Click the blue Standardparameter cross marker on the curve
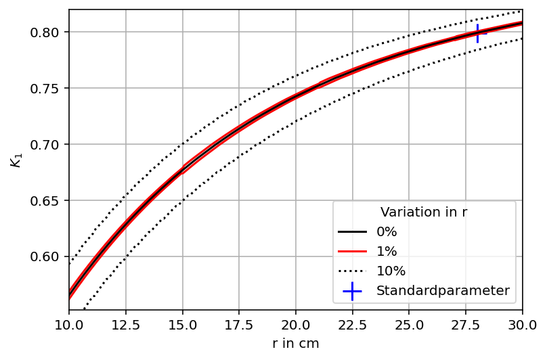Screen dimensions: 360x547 [477, 32]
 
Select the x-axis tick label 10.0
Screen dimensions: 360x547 [69, 325]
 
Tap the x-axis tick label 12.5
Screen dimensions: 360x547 [125, 325]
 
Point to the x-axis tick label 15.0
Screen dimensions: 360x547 [182, 325]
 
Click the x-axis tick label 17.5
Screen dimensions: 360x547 [239, 325]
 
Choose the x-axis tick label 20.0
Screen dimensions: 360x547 [295, 325]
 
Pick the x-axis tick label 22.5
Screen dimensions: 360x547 [352, 325]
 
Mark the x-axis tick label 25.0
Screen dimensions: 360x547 [409, 325]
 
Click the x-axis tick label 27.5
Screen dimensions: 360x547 [466, 325]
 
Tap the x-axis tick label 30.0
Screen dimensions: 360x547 [522, 325]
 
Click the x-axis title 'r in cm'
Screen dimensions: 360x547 [295, 344]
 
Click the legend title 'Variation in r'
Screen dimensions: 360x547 [424, 212]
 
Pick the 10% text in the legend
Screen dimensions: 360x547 [391, 271]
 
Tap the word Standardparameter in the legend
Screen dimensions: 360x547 [443, 291]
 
